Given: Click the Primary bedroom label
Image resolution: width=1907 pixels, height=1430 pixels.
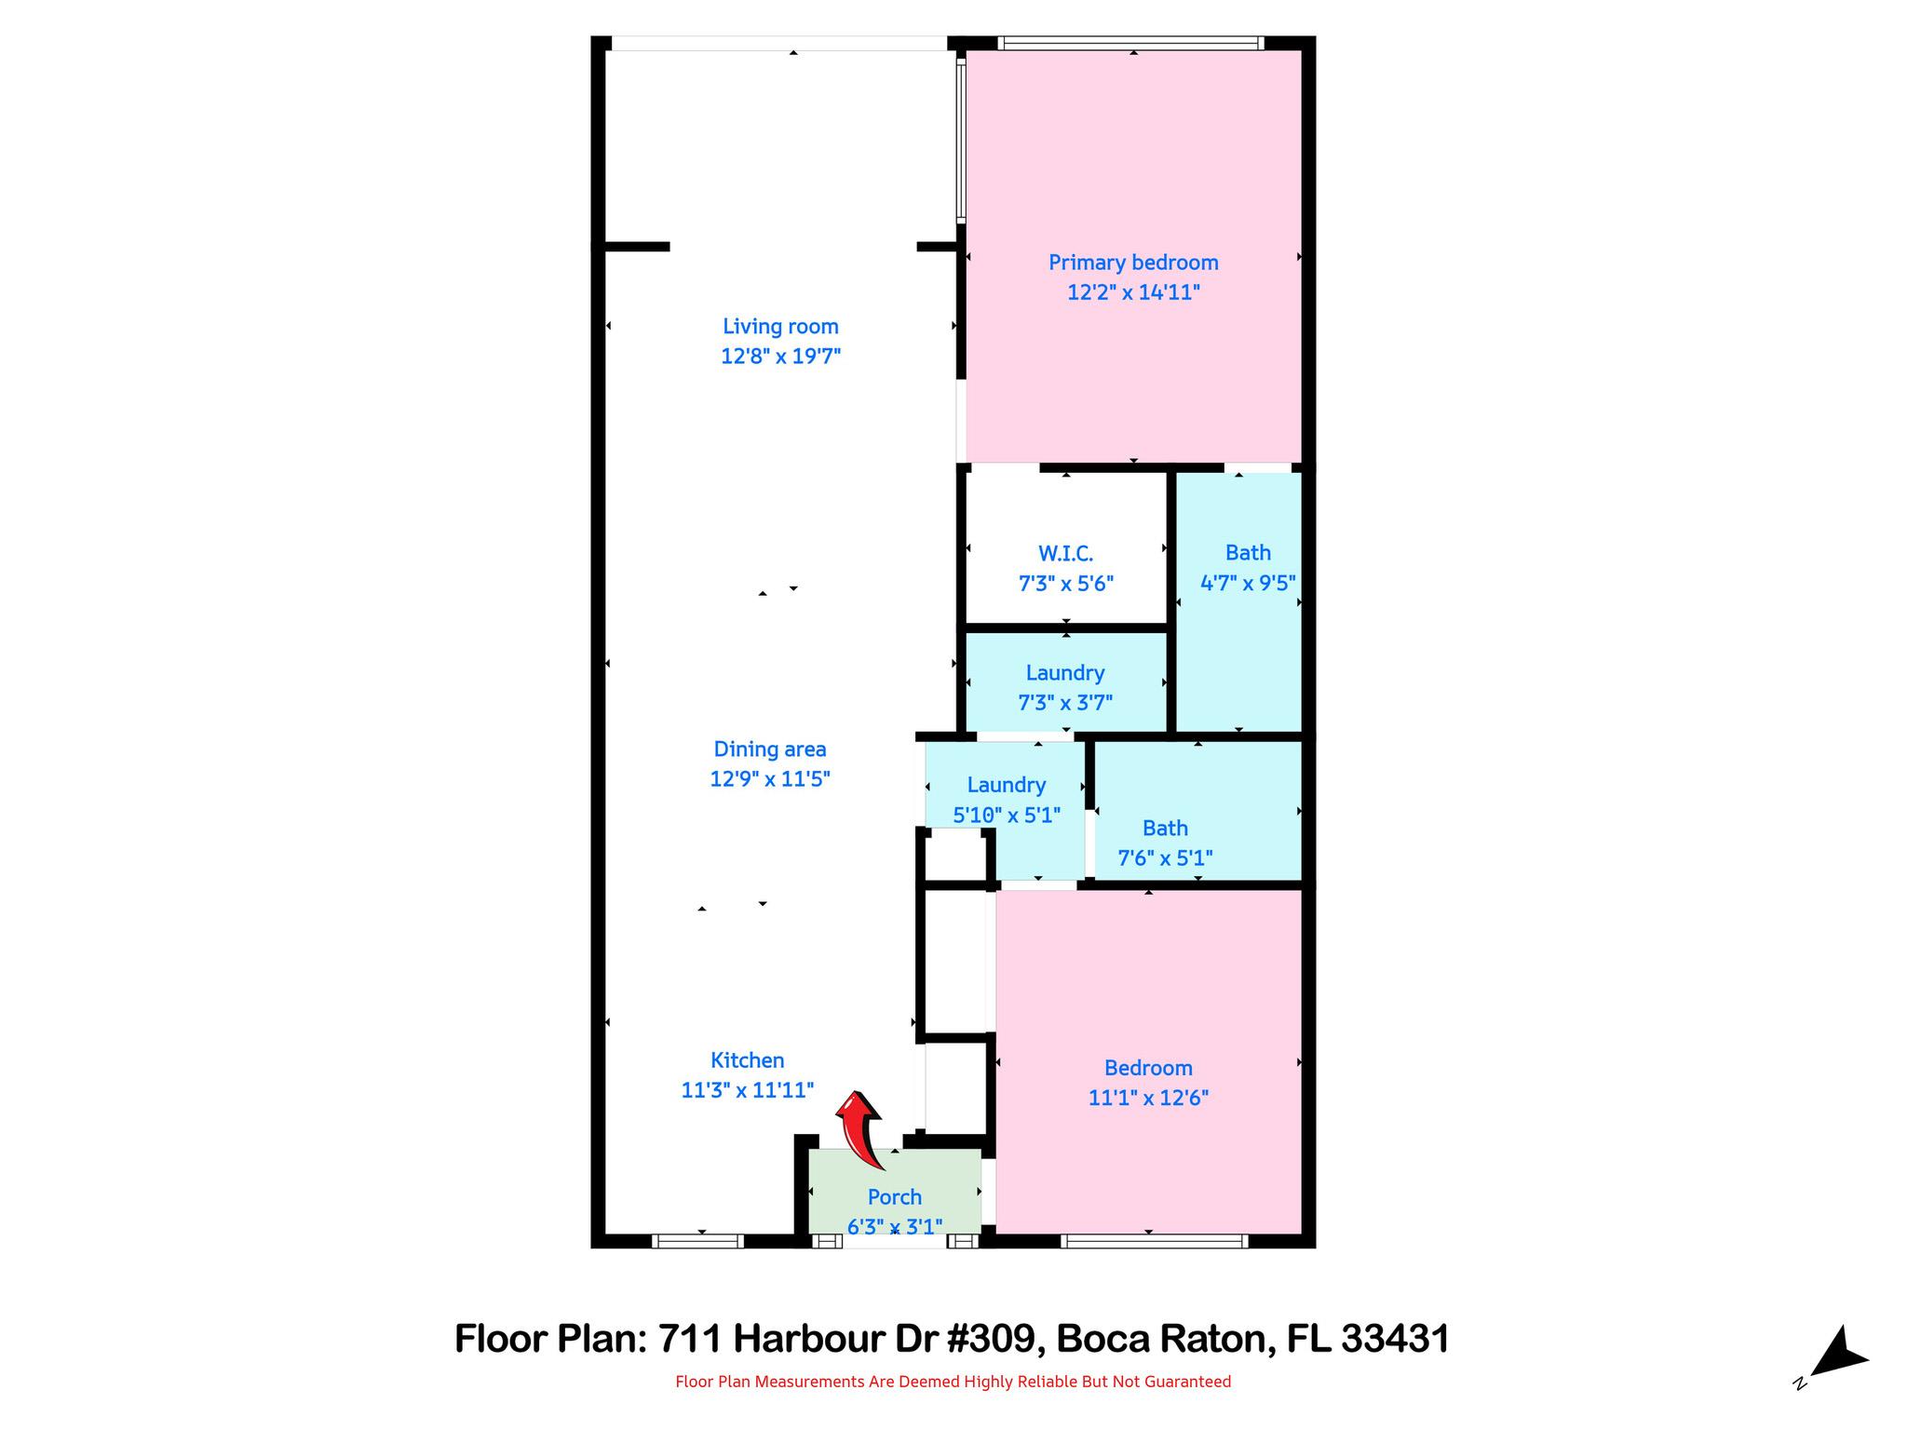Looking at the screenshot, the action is (1133, 263).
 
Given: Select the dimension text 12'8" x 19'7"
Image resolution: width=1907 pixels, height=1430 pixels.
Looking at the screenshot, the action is (780, 356).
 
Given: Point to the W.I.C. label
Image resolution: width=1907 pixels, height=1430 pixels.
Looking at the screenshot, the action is (1065, 554).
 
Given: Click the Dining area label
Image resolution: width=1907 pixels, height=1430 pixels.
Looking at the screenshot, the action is (770, 749).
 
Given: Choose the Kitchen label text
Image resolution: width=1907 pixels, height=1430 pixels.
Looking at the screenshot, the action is (748, 1060).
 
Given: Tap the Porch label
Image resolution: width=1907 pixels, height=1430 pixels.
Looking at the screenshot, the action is (895, 1197).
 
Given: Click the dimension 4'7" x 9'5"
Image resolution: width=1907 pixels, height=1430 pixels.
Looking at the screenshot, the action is (1248, 583).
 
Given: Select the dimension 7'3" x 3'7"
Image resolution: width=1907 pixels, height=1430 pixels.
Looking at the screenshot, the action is (1065, 702).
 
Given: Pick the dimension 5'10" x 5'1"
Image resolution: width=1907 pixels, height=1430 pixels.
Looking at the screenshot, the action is (1007, 816).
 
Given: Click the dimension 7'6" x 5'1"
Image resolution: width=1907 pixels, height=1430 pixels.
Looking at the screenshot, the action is (1165, 857).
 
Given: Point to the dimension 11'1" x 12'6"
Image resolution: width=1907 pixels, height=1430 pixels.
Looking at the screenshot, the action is (1148, 1098).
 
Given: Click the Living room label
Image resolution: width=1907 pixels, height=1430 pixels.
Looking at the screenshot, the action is (780, 327).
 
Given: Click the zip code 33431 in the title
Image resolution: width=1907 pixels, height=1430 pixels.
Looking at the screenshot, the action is (1395, 1339).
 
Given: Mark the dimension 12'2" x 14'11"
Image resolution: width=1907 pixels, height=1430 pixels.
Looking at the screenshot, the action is (1133, 292).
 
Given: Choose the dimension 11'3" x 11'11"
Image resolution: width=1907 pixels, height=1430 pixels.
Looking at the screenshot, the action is (748, 1089).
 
